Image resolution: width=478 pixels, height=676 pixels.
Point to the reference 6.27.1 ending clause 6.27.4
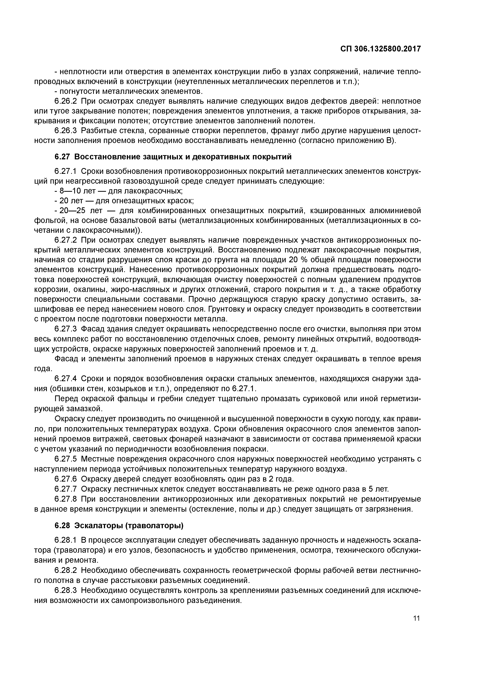tap(244, 389)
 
